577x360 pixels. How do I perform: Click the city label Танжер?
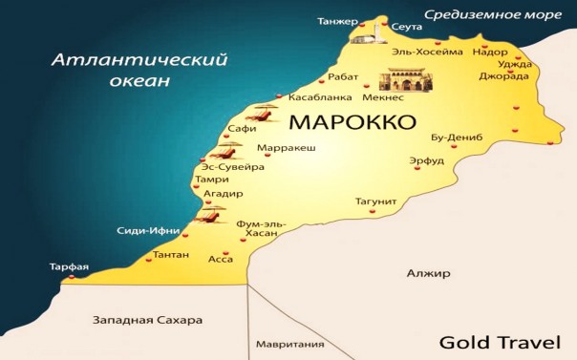point(337,21)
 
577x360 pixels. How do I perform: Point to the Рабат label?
point(342,76)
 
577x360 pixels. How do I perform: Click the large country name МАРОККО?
point(352,123)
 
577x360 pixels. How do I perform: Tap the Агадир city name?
point(224,193)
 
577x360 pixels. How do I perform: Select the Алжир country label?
point(427,273)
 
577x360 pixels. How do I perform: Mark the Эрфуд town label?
point(426,160)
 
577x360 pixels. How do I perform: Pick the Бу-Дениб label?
point(457,138)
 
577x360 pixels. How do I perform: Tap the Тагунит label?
point(375,201)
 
